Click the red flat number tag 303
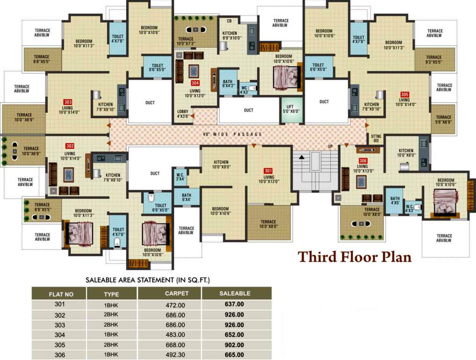click(68, 101)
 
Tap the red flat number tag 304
click(195, 83)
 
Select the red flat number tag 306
click(363, 160)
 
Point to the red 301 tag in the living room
click(268, 171)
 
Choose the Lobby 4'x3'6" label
click(183, 113)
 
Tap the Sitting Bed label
click(376, 138)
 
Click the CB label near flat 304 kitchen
click(229, 21)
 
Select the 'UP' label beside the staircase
click(330, 147)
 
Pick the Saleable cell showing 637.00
click(234, 304)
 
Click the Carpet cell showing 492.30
click(176, 355)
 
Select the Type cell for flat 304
click(111, 335)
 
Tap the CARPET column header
click(177, 293)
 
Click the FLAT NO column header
click(61, 294)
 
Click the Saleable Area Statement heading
click(148, 280)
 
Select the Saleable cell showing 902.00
click(234, 345)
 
